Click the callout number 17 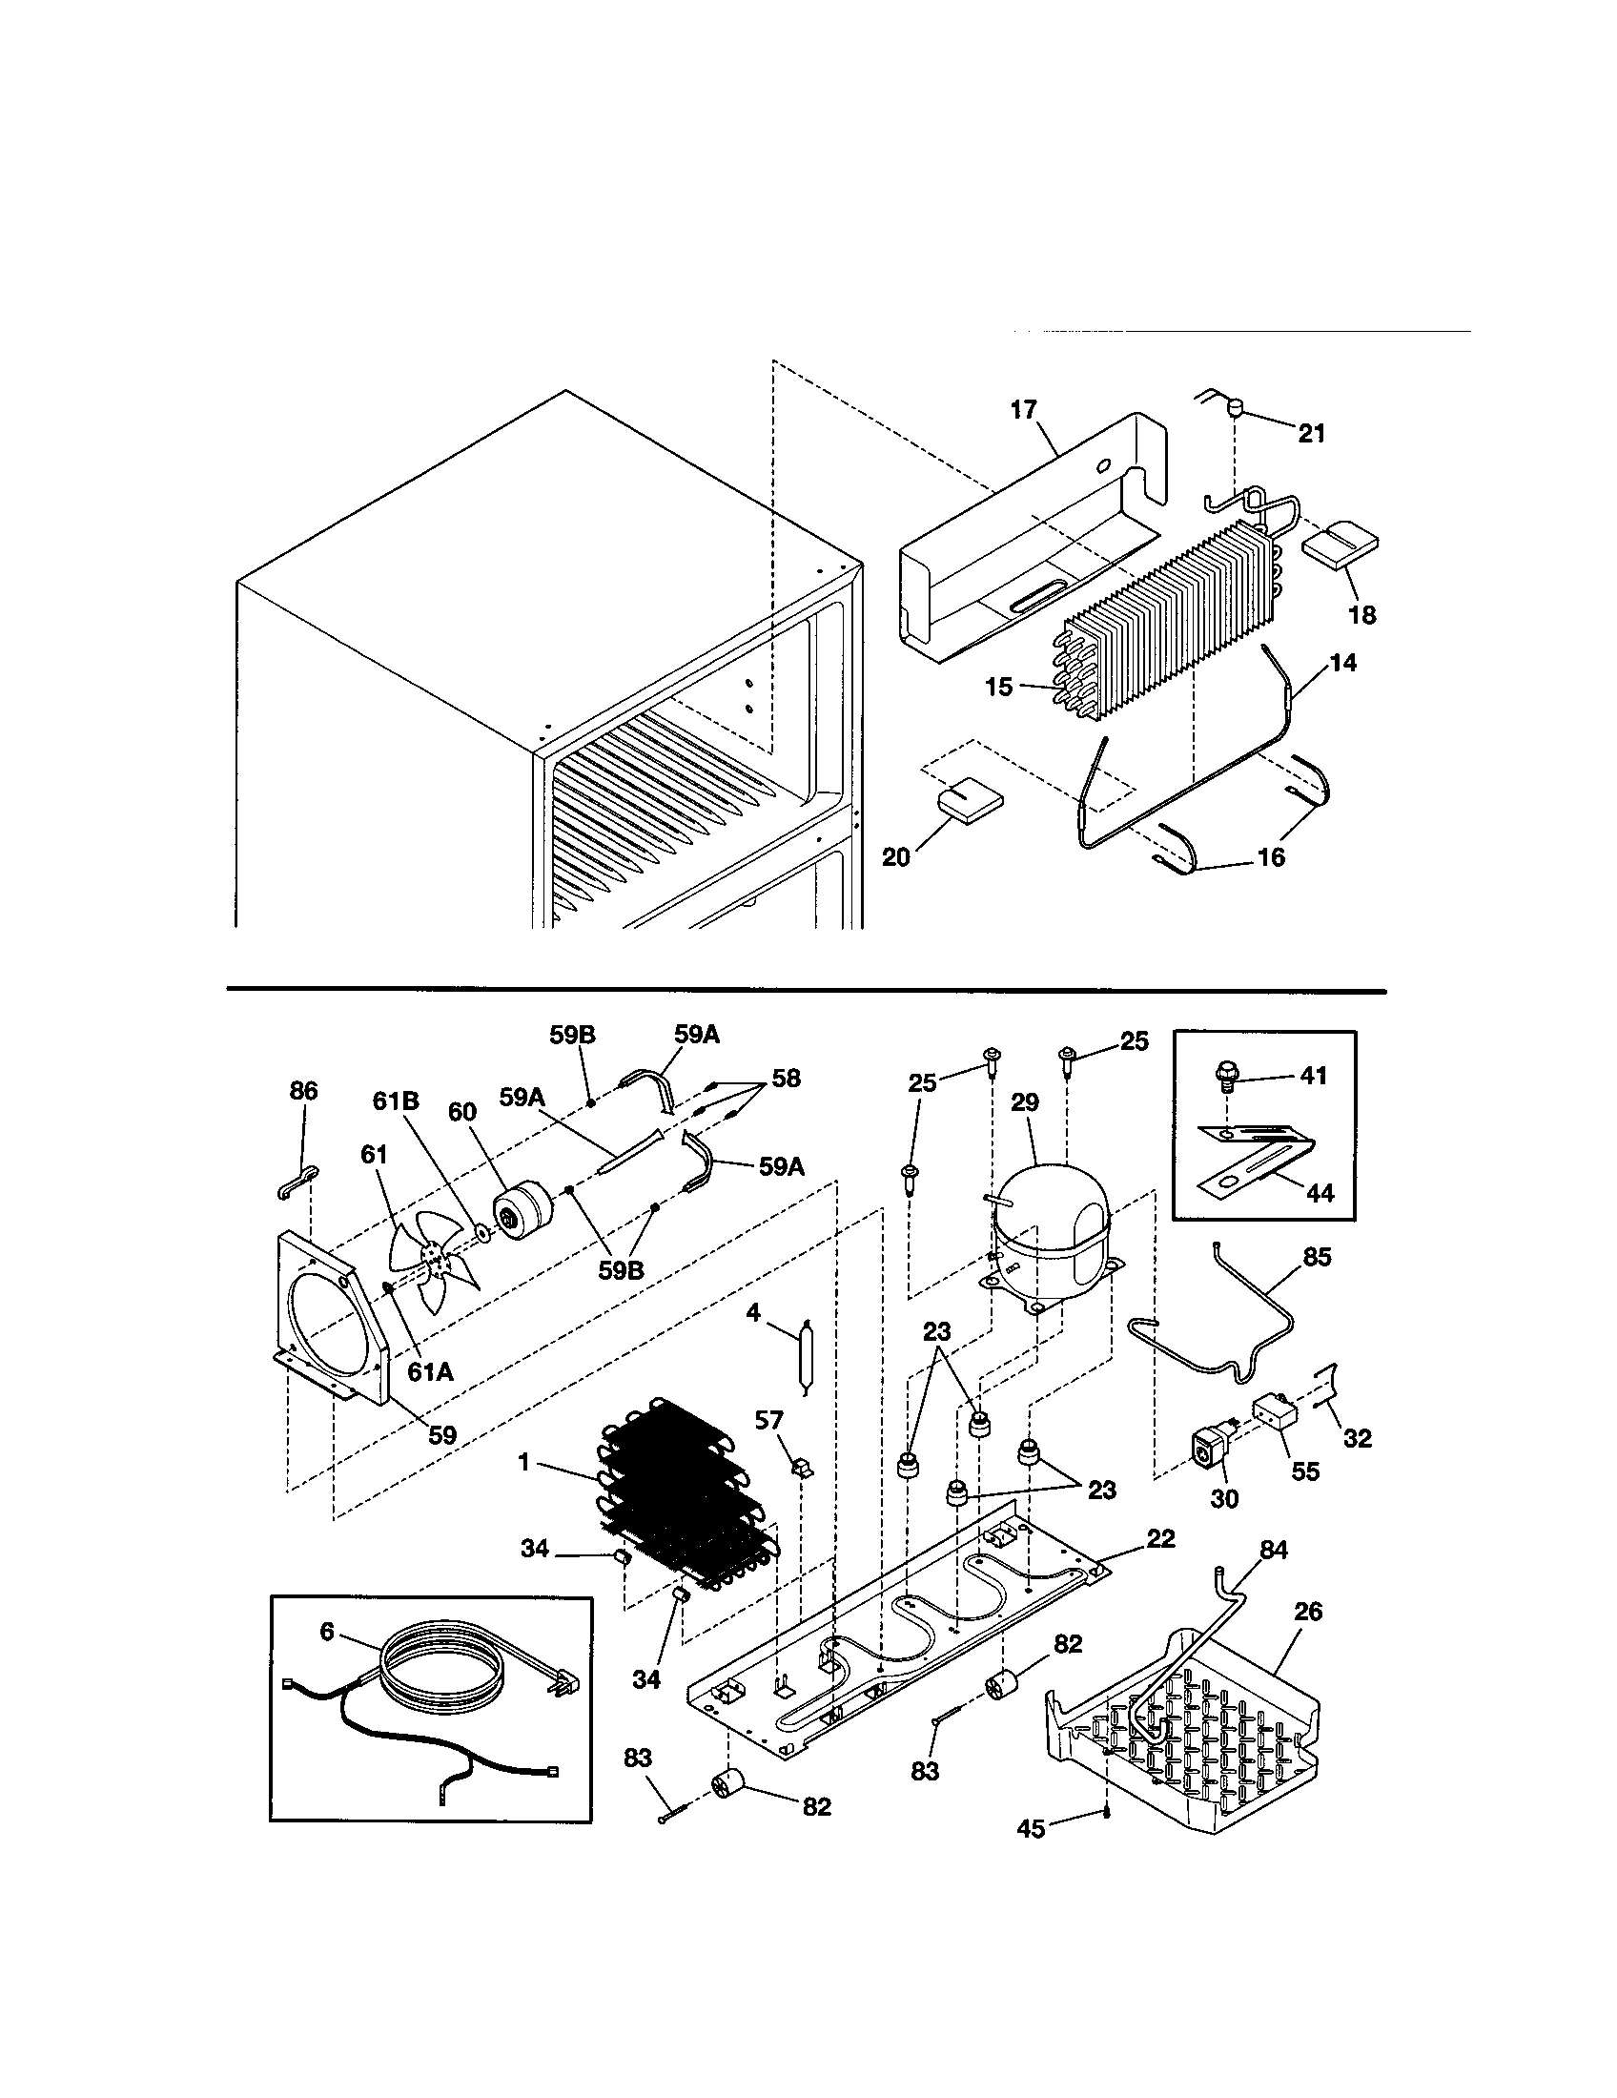click(x=1024, y=410)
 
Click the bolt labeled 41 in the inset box click(x=1225, y=1077)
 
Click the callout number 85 click(x=1318, y=1257)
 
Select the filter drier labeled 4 click(x=804, y=1357)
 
